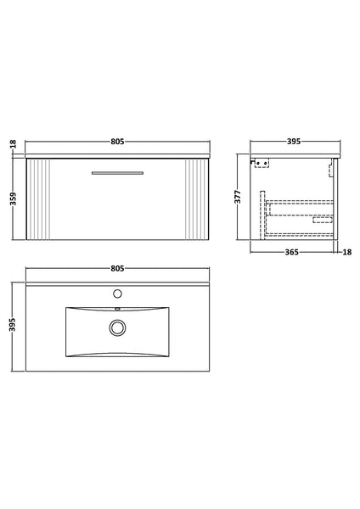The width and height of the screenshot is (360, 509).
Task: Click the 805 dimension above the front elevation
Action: pos(118,141)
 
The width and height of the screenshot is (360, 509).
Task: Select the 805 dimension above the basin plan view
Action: pos(118,268)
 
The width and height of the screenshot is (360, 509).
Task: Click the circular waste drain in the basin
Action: pos(118,327)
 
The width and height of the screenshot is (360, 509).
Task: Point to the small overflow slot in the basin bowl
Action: pos(118,310)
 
